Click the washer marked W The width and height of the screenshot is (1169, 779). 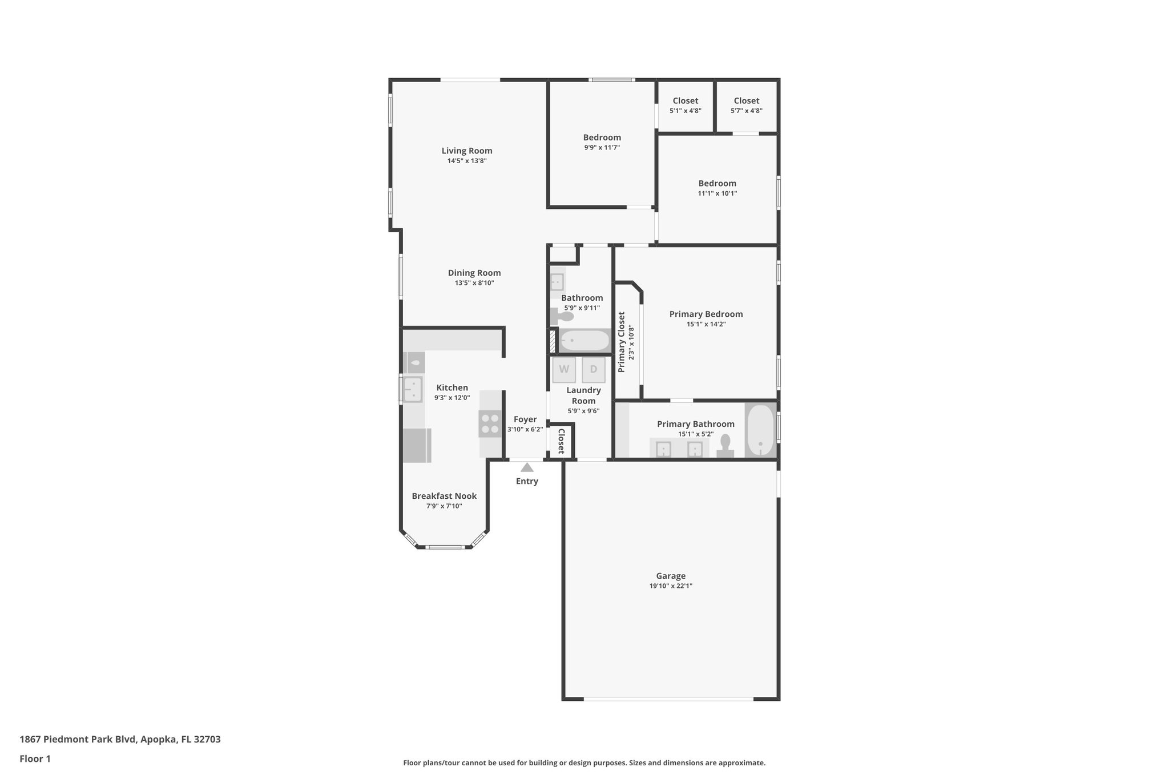[x=564, y=369]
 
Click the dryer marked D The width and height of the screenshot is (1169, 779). [x=594, y=369]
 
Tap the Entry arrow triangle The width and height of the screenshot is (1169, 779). [x=527, y=467]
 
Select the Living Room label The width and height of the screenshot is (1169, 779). [x=467, y=151]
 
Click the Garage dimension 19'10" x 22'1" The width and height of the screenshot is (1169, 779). [x=671, y=586]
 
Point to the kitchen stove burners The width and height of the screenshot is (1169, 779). [x=490, y=423]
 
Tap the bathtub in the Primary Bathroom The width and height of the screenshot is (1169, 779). [x=760, y=430]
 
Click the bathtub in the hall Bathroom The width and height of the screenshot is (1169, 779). [x=584, y=341]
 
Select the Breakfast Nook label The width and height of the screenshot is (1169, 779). [x=444, y=496]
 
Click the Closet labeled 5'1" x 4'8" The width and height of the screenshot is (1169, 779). [x=685, y=106]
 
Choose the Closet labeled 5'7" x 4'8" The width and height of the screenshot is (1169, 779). [x=746, y=106]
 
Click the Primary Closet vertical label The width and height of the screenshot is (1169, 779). [x=622, y=342]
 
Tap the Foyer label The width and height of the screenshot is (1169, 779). [x=525, y=419]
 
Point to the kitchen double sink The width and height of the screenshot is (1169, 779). [x=412, y=389]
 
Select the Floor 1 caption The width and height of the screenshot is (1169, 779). [x=35, y=758]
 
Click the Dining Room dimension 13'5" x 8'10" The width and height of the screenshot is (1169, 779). [x=474, y=283]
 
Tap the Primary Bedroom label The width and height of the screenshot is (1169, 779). [x=706, y=314]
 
